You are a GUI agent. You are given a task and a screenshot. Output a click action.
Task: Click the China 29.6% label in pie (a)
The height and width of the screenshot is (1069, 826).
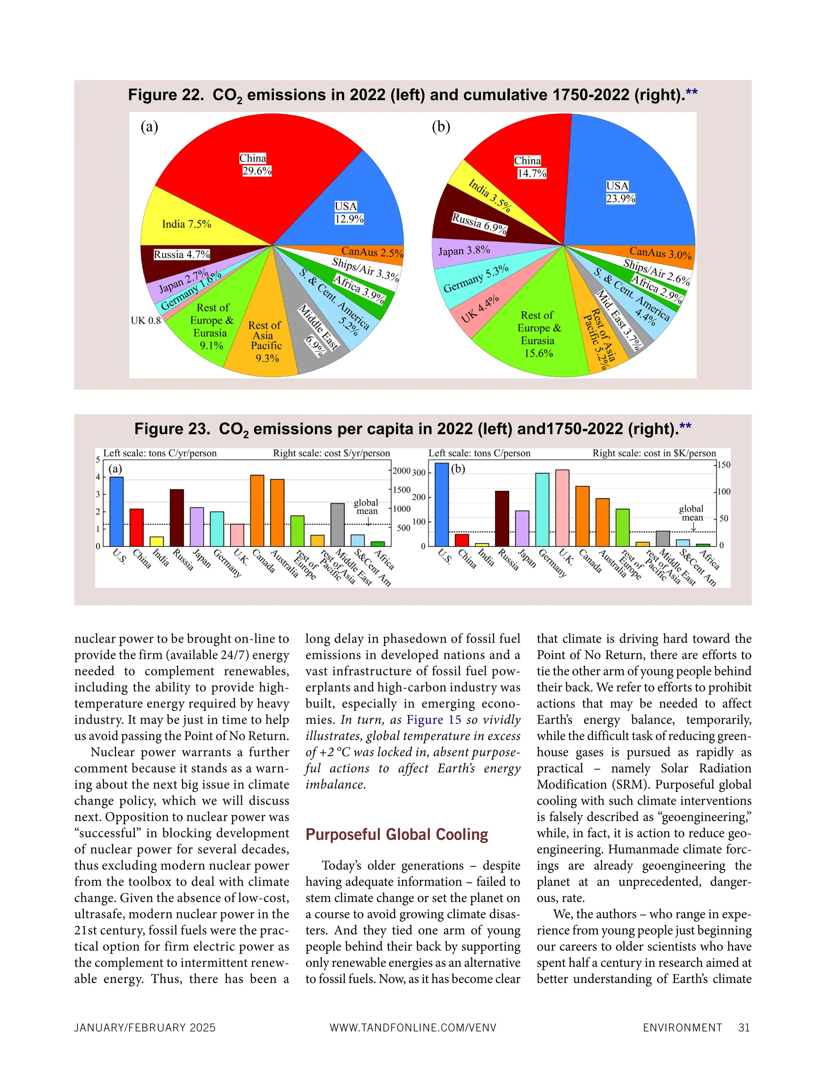click(255, 165)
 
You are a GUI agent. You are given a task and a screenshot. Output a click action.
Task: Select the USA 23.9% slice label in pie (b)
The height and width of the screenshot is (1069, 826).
click(620, 192)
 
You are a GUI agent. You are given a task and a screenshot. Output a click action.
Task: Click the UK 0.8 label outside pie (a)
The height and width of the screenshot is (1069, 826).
click(145, 321)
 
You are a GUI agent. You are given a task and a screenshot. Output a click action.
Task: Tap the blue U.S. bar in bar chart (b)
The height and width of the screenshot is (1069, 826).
click(441, 504)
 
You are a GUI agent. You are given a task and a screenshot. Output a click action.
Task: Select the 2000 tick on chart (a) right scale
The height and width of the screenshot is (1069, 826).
click(401, 471)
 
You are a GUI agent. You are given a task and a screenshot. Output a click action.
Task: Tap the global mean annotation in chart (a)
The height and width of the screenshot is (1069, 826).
click(366, 507)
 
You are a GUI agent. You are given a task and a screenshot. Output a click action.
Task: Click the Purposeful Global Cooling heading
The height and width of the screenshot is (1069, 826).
click(396, 835)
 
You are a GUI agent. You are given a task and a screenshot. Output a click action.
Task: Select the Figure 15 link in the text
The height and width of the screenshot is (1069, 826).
click(434, 720)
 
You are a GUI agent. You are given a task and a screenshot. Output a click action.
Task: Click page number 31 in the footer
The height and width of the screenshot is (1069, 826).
click(744, 1027)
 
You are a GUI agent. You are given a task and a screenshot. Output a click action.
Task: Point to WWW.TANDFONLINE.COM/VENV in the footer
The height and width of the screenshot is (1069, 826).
click(413, 1028)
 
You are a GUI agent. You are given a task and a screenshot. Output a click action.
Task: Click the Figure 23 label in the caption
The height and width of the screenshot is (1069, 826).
click(172, 429)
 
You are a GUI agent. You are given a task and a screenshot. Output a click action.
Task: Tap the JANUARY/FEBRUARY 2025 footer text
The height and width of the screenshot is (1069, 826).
click(145, 1028)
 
